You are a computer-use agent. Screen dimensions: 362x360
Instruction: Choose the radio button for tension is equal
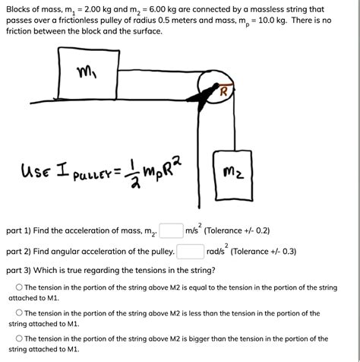pos(19,288)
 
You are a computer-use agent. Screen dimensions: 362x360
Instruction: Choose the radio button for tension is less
pos(19,313)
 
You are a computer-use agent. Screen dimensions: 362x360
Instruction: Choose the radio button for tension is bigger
pos(19,339)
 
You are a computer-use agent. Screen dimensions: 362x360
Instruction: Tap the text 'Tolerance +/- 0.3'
pos(276,252)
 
